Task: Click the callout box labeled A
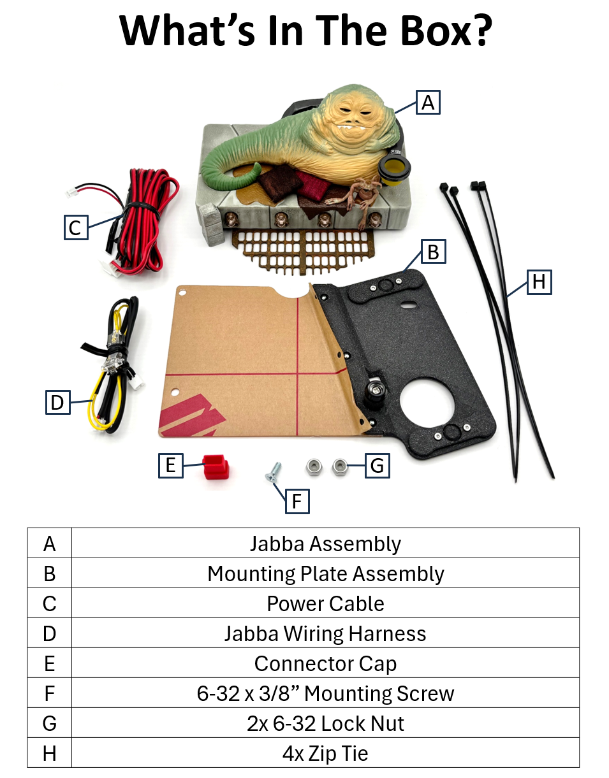pyautogui.click(x=428, y=102)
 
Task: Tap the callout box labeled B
pyautogui.click(x=433, y=252)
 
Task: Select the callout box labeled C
pyautogui.click(x=75, y=227)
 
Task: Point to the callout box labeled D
pyautogui.click(x=57, y=402)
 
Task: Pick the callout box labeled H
pyautogui.click(x=539, y=282)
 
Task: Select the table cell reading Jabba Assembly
pyautogui.click(x=325, y=544)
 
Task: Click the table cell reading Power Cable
pyautogui.click(x=325, y=603)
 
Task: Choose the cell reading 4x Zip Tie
pyautogui.click(x=325, y=754)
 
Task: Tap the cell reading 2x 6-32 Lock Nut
pyautogui.click(x=325, y=724)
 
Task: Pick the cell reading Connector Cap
pyautogui.click(x=325, y=663)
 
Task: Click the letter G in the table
pyautogui.click(x=50, y=724)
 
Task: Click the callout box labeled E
pyautogui.click(x=170, y=465)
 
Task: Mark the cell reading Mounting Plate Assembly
pyautogui.click(x=325, y=573)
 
